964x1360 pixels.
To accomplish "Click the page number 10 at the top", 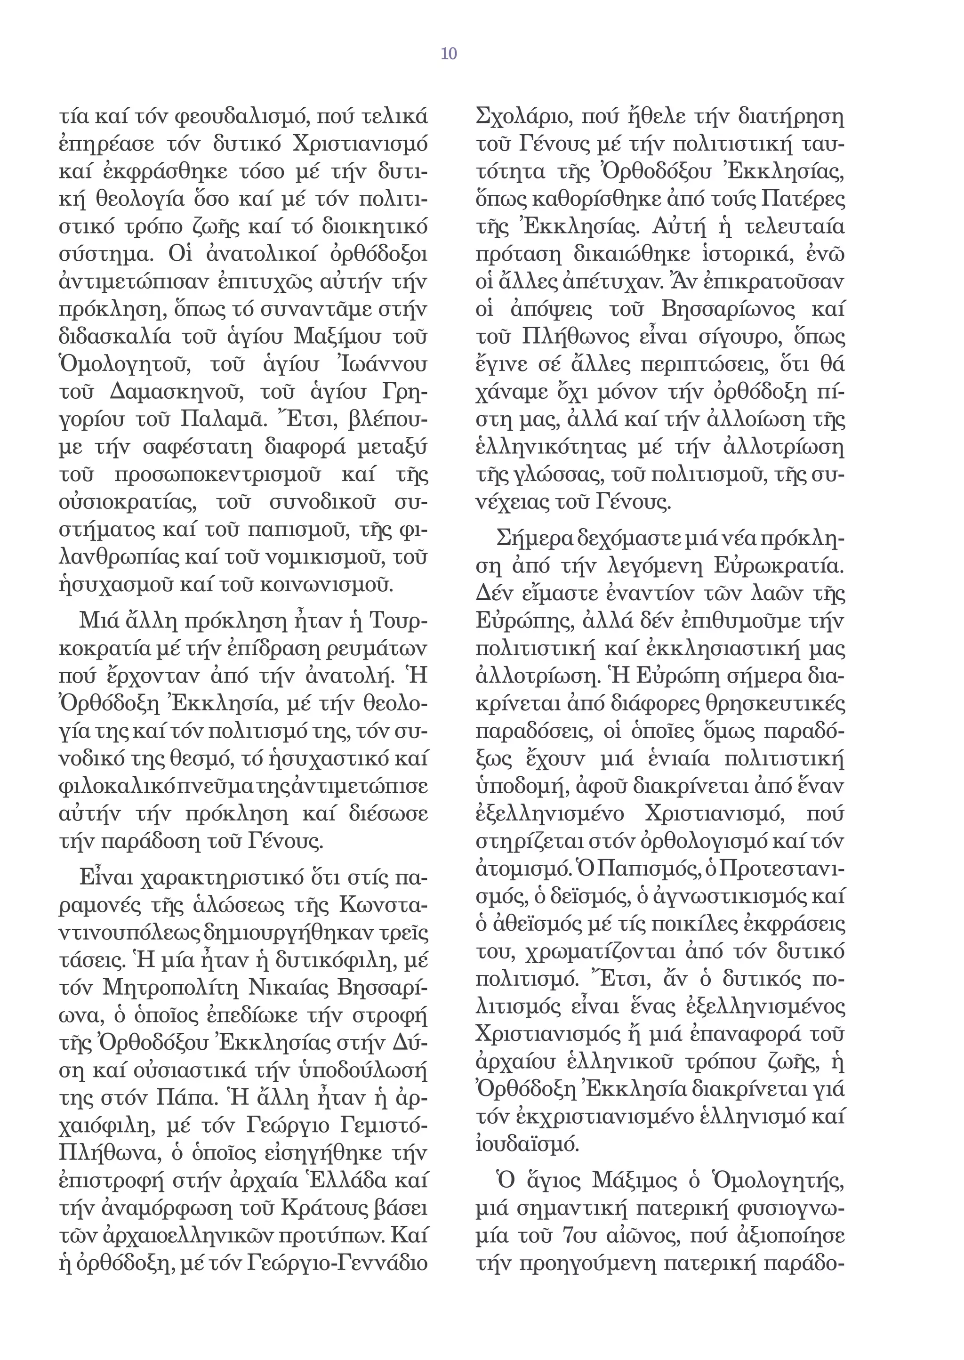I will (449, 54).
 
